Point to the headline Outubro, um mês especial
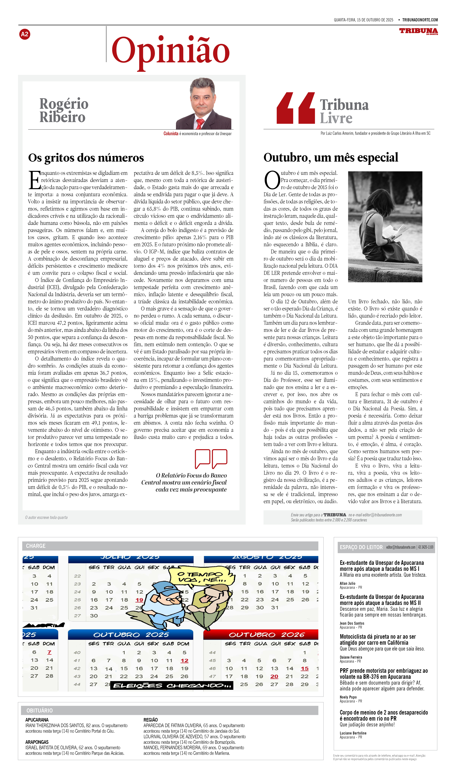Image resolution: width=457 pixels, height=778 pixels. (331, 157)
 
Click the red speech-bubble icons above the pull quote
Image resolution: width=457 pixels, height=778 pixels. (211, 458)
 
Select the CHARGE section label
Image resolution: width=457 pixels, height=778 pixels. (36, 546)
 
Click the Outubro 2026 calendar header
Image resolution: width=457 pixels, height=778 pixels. (261, 635)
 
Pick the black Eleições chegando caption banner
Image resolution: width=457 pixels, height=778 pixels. (172, 685)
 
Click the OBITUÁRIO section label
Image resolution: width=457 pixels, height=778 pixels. (40, 710)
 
